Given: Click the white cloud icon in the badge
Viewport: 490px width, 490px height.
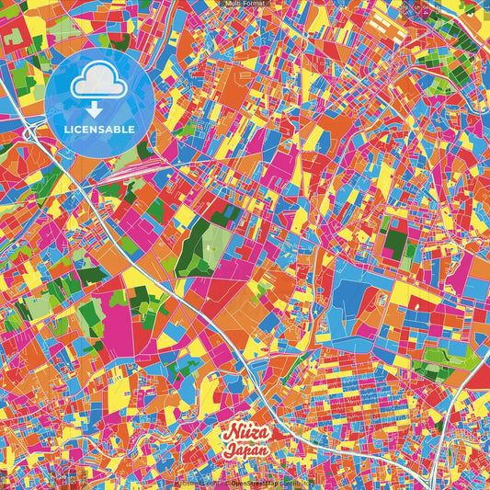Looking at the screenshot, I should click(98, 83).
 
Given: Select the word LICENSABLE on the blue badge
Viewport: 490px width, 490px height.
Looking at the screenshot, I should click(98, 128).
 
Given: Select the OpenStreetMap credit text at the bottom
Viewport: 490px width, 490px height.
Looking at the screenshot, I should click(255, 482).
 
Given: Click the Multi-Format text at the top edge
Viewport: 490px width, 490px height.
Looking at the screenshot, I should click(245, 4).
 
